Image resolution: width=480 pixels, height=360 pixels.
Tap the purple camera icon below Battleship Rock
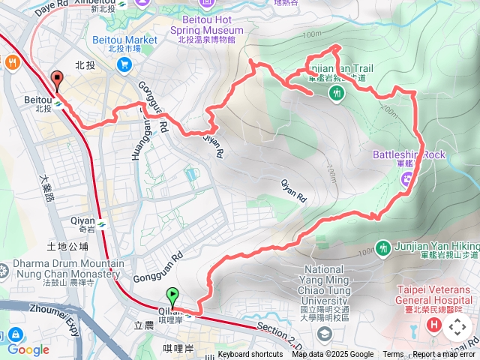tap(407, 178)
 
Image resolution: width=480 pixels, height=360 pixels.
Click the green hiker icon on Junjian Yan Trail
tap(336, 92)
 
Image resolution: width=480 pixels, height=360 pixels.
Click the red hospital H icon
tap(433, 325)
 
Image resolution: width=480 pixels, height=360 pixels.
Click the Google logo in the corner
tap(28, 349)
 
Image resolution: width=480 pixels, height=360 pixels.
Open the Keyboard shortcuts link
tap(250, 355)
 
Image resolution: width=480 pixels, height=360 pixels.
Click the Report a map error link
tap(445, 355)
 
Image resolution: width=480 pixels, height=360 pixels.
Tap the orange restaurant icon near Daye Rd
tap(13, 64)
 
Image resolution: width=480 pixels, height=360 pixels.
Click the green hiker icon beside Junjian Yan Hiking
tap(383, 247)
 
